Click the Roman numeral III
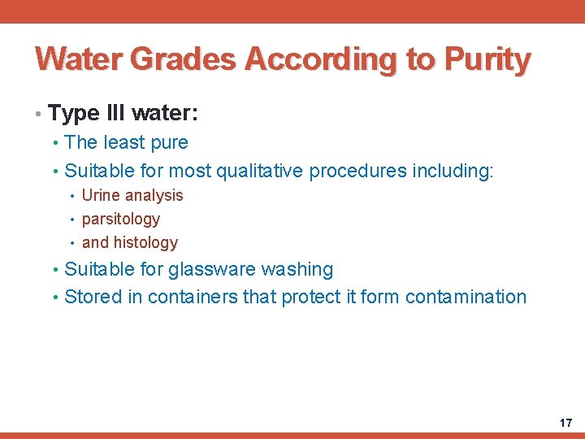click(x=112, y=112)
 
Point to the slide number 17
click(x=565, y=423)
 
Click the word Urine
click(x=101, y=195)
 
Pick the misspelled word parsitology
click(x=121, y=219)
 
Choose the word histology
click(x=146, y=242)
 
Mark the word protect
click(x=310, y=297)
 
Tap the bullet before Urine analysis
click(x=73, y=196)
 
